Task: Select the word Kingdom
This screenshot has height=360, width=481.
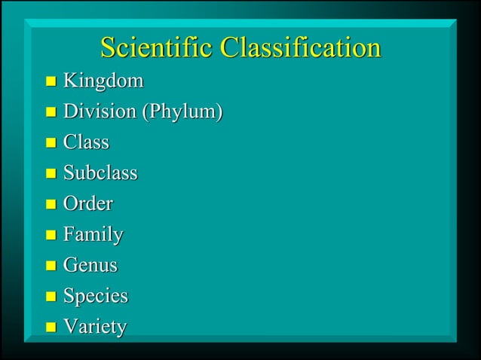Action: click(x=103, y=80)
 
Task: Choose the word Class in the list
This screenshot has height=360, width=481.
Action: click(x=86, y=142)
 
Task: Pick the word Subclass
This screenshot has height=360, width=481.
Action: click(x=100, y=172)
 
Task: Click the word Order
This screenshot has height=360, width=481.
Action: click(x=87, y=203)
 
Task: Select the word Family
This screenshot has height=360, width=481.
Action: click(x=93, y=235)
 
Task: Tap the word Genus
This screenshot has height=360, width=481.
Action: click(x=90, y=265)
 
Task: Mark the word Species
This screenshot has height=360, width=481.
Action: click(x=95, y=296)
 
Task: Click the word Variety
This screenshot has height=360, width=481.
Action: click(x=94, y=327)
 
